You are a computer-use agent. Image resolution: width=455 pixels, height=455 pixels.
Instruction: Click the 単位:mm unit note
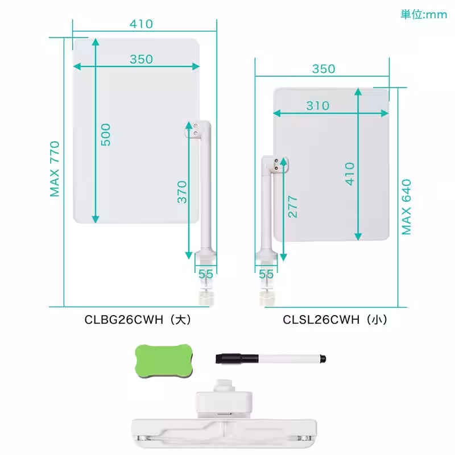[x=424, y=15]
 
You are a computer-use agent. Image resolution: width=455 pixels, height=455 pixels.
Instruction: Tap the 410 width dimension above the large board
[x=141, y=24]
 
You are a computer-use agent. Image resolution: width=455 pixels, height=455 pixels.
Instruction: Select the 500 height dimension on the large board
[x=106, y=135]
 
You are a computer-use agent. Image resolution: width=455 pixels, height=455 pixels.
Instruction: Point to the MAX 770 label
[x=55, y=168]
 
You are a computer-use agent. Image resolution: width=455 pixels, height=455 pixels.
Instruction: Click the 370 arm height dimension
[x=182, y=192]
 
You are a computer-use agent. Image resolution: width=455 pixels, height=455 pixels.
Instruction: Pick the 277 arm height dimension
[x=293, y=207]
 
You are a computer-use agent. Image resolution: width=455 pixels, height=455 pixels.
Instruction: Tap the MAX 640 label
[x=406, y=207]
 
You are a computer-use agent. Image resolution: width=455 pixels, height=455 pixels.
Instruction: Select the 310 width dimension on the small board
[x=318, y=106]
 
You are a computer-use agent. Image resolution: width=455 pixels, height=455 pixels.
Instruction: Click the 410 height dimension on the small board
[x=350, y=174]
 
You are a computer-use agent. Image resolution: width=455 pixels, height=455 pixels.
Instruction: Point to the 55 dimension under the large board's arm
[x=206, y=274]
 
